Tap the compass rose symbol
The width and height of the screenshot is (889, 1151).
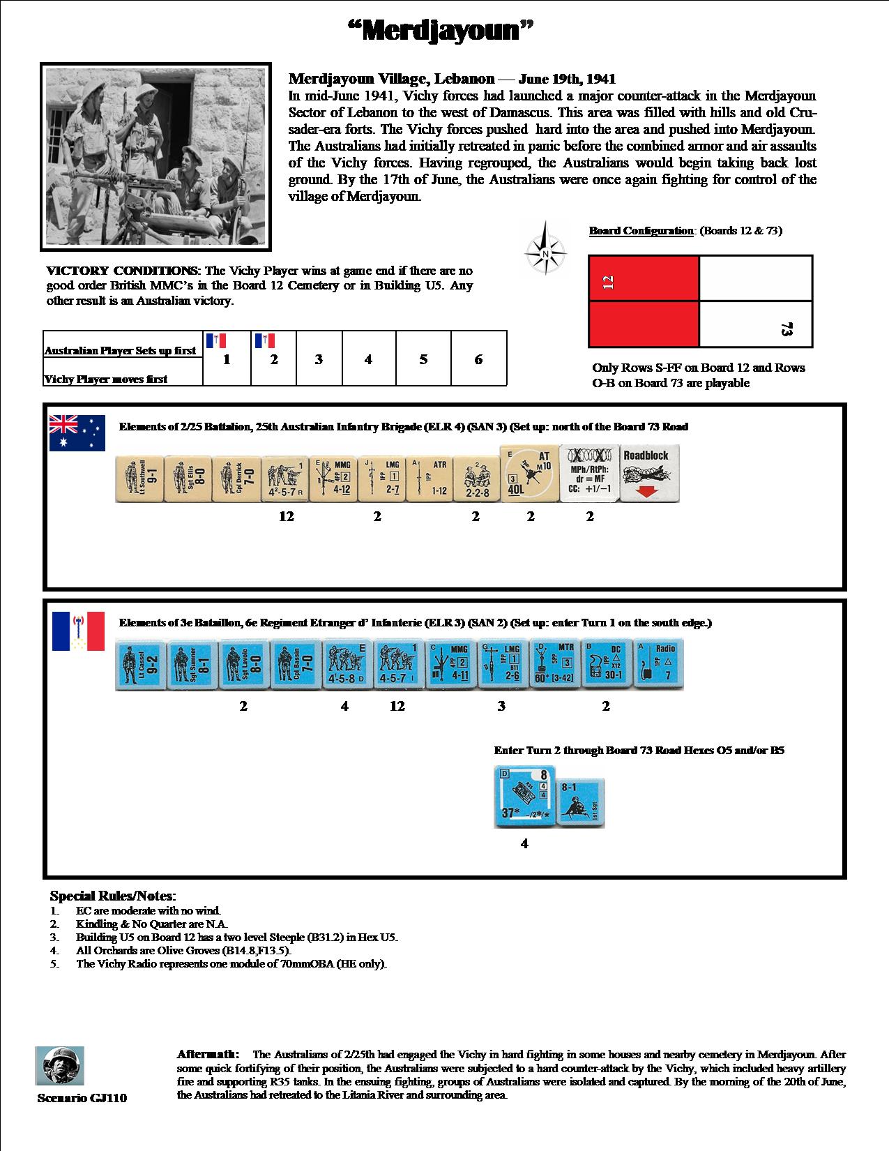(545, 248)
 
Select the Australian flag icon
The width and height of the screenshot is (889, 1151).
(77, 432)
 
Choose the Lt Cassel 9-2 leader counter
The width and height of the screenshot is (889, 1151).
(139, 666)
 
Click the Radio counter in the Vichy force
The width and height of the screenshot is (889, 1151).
(658, 665)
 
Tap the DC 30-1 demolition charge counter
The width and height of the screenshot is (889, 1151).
(606, 665)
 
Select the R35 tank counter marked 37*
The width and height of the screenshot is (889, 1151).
(524, 797)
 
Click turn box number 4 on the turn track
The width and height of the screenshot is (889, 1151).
(368, 359)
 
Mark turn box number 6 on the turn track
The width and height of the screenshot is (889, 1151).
(478, 359)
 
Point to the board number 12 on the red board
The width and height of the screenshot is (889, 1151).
(608, 283)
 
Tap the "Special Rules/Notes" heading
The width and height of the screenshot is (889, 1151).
(113, 896)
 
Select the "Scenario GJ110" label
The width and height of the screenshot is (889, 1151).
(82, 1098)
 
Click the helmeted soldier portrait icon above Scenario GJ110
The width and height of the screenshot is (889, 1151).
(60, 1065)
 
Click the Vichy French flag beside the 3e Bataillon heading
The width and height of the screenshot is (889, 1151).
(78, 631)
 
